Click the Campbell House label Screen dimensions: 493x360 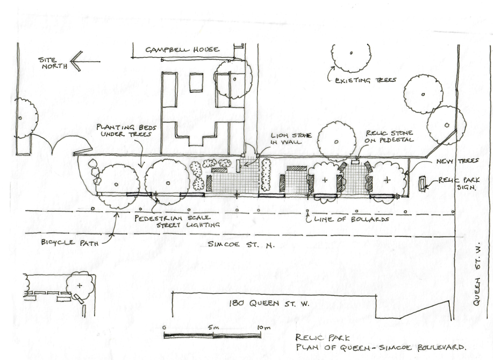[x=182, y=50]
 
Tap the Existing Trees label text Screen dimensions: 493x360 [x=365, y=81]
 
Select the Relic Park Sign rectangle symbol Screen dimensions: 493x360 [x=422, y=184]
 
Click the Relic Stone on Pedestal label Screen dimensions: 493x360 [x=389, y=136]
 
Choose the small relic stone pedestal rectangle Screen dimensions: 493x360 [x=355, y=162]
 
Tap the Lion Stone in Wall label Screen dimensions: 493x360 [x=291, y=138]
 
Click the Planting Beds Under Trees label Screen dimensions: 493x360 [x=126, y=131]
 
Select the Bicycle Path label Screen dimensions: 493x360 [x=70, y=242]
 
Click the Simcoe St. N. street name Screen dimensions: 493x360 [x=241, y=244]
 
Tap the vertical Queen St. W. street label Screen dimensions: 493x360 [x=476, y=274]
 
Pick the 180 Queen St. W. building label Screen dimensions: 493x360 [x=269, y=303]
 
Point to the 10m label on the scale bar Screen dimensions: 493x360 [x=264, y=328]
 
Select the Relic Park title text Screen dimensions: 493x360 [x=323, y=338]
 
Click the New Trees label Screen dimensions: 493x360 [x=457, y=161]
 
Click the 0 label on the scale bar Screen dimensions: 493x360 [x=164, y=328]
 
